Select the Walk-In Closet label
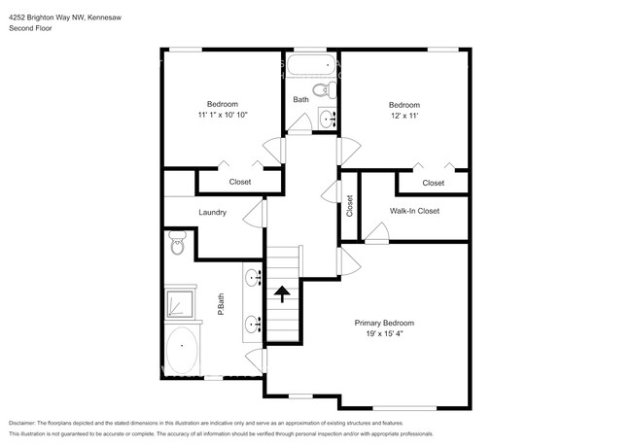pos(415,210)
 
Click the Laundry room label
pos(212,212)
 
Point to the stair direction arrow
pos(283,293)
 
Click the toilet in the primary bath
pos(177,242)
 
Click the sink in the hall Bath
pos(327,119)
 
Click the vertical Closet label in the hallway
pos(350,208)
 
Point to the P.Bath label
pos(222,306)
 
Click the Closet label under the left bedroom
pos(239,182)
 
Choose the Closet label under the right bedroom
pos(433,182)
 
